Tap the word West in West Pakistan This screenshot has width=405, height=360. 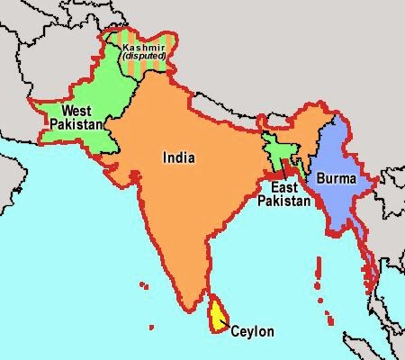76,112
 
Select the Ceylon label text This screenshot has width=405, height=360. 253,331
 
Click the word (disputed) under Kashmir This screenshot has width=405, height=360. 145,56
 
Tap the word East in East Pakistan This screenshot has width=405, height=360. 283,187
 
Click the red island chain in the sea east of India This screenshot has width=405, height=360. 319,274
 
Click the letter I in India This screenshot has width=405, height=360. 164,157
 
